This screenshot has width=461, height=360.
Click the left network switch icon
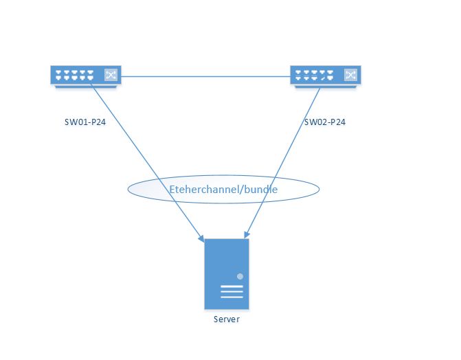[x=85, y=76]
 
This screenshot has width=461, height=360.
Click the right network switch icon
[x=326, y=76]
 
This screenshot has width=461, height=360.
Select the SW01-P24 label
[x=85, y=122]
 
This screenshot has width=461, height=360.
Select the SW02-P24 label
[x=325, y=122]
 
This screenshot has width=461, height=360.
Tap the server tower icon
[x=226, y=273]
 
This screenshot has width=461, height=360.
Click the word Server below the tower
[x=227, y=319]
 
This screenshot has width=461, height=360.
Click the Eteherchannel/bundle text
[x=223, y=190]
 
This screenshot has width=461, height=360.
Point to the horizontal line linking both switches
[x=206, y=76]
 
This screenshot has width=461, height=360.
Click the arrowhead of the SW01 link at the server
[x=201, y=238]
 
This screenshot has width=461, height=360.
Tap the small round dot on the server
[x=240, y=276]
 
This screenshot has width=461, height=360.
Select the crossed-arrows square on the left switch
[x=111, y=75]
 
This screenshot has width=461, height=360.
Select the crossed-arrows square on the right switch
[x=351, y=75]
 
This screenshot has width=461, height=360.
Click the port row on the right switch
[x=315, y=75]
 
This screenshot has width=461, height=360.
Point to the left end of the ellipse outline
[x=128, y=190]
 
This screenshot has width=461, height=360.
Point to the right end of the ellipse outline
[x=319, y=190]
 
